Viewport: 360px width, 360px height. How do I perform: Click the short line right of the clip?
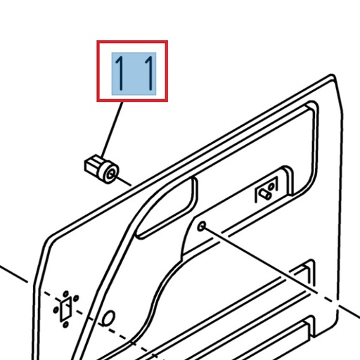pos(125,182)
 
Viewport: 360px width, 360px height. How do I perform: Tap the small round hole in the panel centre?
pos(202,226)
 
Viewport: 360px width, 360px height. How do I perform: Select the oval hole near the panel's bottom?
pos(109,319)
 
